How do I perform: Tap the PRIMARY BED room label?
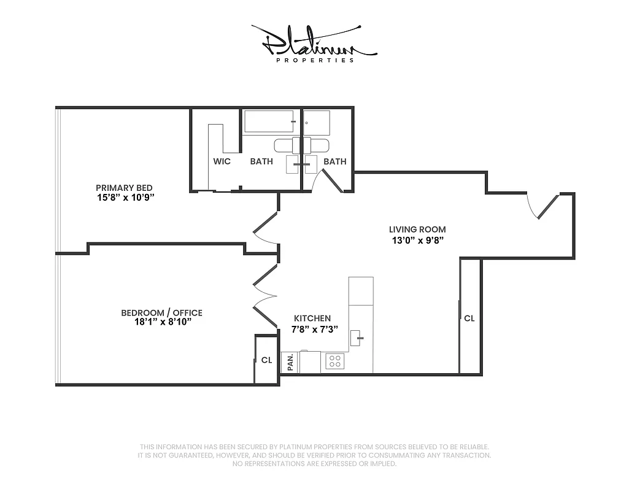(x=124, y=188)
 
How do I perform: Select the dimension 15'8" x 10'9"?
(x=124, y=198)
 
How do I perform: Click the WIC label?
(x=222, y=161)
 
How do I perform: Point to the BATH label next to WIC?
(x=261, y=161)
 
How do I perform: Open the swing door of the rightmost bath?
(x=330, y=182)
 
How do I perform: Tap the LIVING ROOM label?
(x=417, y=230)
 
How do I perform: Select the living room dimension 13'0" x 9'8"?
(x=417, y=240)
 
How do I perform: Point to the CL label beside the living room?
(x=469, y=319)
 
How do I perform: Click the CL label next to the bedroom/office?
(x=266, y=360)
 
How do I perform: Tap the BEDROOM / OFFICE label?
(x=161, y=313)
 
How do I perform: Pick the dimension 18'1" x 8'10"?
(x=161, y=323)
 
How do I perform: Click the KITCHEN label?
(x=312, y=319)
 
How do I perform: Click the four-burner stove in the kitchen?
(x=334, y=361)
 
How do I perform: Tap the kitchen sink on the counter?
(x=358, y=338)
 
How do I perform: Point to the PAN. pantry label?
(x=290, y=363)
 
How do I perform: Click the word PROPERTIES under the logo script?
(x=315, y=60)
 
